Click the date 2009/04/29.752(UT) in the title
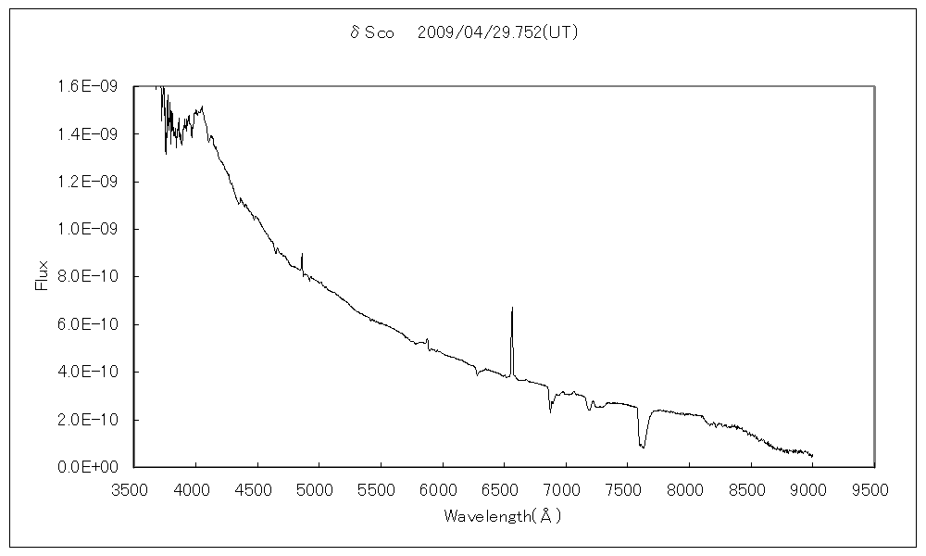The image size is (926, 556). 498,33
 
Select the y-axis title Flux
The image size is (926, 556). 41,276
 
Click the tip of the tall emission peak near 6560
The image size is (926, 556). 512,307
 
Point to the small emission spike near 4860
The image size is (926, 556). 302,253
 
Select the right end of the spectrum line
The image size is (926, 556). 812,456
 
